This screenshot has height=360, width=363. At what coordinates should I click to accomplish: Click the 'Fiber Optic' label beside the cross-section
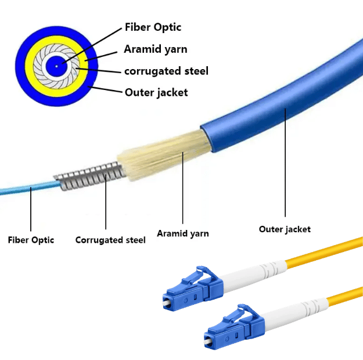153,27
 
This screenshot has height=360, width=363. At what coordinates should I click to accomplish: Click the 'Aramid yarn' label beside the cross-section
156,49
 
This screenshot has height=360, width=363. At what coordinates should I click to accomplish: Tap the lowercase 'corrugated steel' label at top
166,71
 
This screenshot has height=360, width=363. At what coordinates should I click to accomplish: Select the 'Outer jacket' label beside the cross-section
156,92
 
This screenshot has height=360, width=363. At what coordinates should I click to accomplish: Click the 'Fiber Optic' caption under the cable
31,239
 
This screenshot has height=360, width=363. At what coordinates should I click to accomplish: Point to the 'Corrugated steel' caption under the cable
110,240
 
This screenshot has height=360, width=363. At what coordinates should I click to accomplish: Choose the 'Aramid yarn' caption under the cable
183,233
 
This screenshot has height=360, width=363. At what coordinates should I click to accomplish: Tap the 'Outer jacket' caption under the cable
285,229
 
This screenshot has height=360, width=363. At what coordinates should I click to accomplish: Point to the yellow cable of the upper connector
325,250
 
